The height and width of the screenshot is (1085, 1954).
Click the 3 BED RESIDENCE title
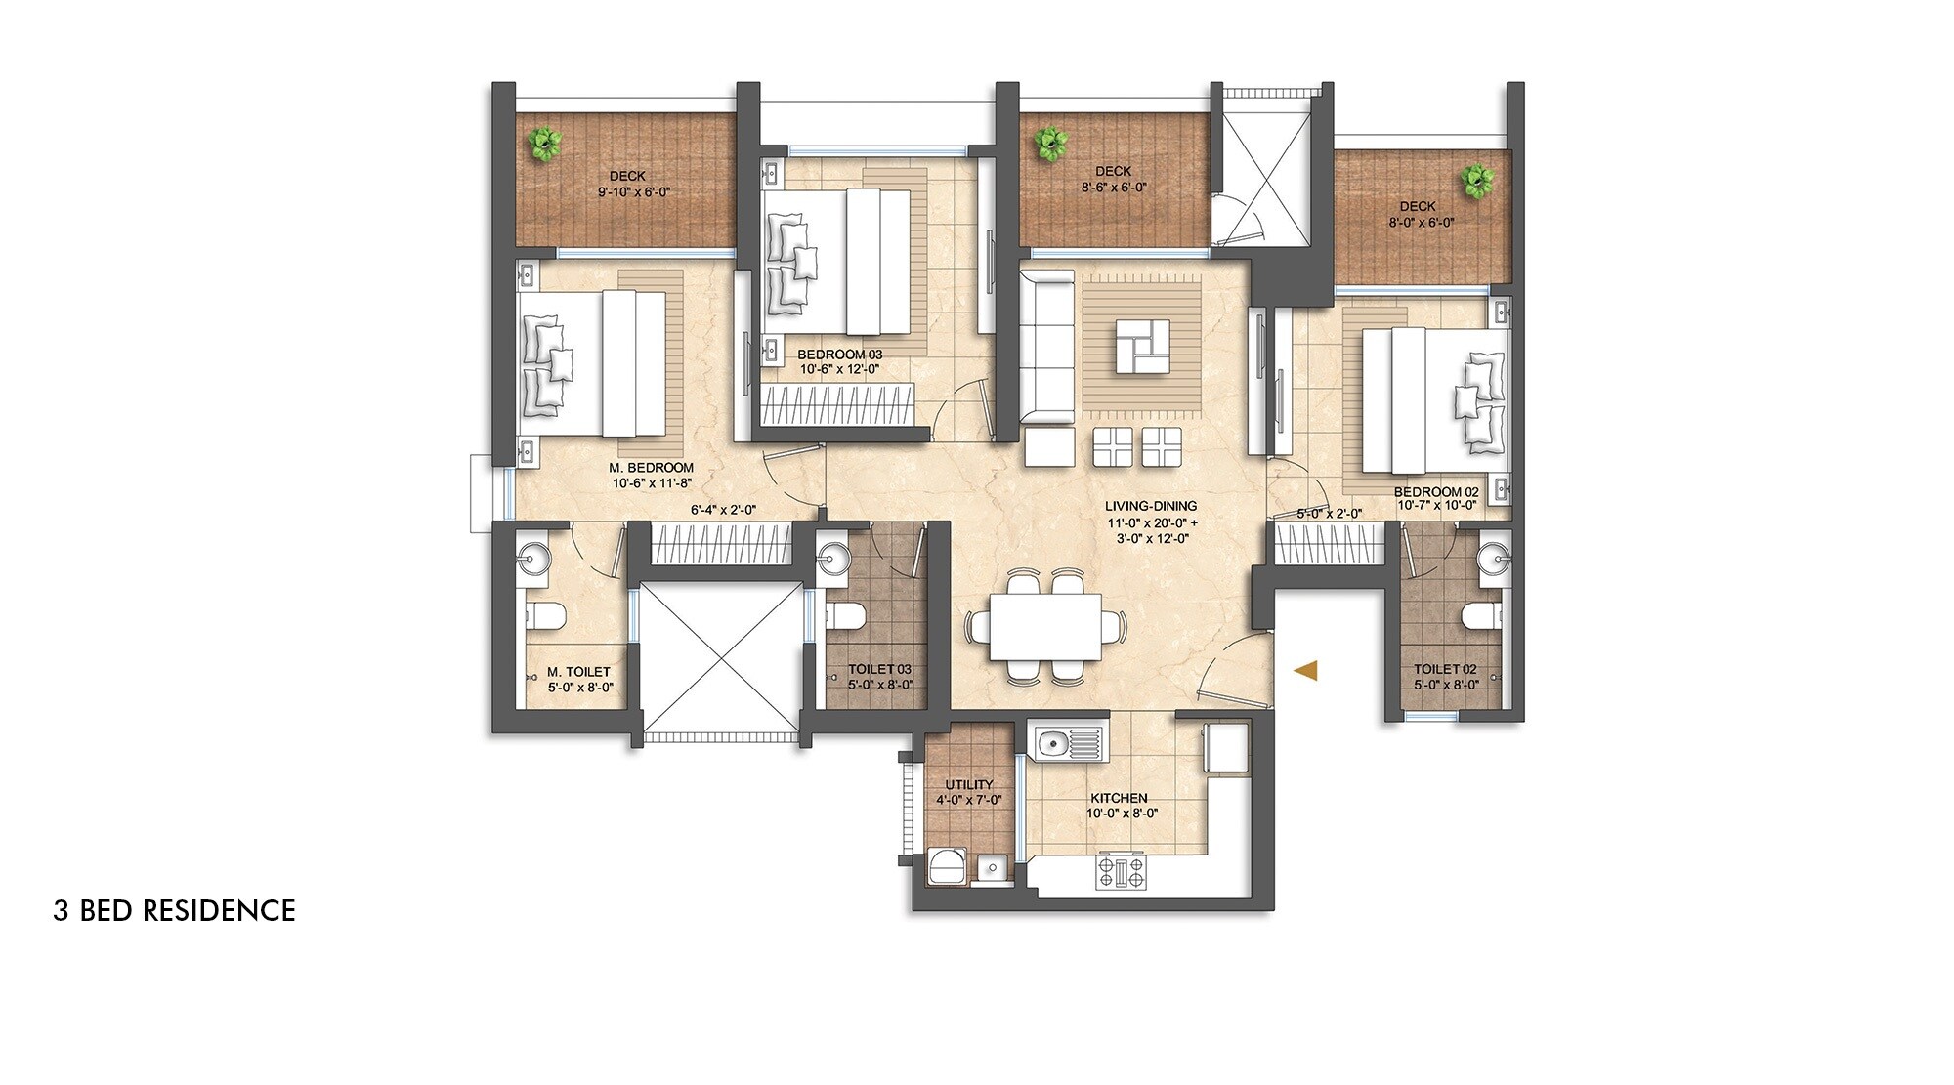pos(174,910)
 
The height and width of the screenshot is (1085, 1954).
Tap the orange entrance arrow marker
pos(1306,671)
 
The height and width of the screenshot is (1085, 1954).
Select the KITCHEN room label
pos(1119,798)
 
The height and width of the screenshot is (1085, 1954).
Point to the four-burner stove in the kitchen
pos(1122,871)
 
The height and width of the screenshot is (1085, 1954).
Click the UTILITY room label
pos(968,784)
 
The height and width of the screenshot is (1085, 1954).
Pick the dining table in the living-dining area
pos(1045,626)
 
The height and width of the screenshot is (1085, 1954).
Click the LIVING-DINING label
pos(1151,506)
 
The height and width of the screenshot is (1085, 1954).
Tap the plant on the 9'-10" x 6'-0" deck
pos(543,144)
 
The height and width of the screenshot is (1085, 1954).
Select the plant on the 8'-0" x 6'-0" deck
pos(1476,180)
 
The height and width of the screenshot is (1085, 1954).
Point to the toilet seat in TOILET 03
pos(846,616)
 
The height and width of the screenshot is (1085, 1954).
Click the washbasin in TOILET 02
pos(1494,559)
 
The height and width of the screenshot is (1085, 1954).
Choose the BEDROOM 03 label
pos(839,355)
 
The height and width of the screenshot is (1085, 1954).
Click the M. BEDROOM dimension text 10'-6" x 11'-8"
pos(652,483)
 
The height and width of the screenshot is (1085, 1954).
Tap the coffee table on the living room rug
pos(1142,346)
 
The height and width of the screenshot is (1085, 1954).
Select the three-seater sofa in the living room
pos(1046,348)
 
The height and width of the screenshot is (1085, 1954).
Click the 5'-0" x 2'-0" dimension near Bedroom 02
pos(1329,514)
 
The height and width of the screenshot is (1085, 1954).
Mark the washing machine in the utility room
pos(946,867)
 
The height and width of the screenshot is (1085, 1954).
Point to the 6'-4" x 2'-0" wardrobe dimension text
pos(723,510)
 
